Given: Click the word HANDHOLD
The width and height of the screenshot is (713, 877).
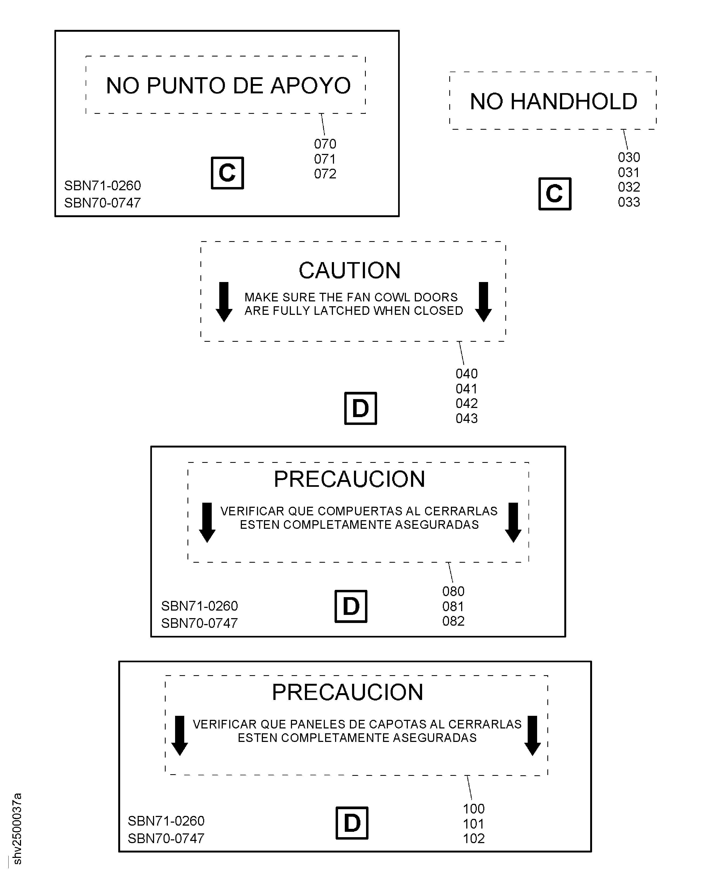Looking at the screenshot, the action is [x=573, y=101].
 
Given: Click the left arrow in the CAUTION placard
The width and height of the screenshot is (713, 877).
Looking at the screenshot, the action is [x=224, y=302].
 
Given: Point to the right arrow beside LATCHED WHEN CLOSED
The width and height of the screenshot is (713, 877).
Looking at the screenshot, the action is [x=484, y=302].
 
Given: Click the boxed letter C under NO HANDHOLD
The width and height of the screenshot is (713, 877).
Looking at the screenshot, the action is [x=555, y=194].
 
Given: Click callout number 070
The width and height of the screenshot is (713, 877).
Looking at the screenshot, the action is [x=325, y=144].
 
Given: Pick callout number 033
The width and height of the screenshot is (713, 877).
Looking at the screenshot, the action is [x=629, y=202].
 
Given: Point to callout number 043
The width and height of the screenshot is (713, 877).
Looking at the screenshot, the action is [x=467, y=418].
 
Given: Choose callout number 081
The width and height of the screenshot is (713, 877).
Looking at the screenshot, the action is [x=453, y=606].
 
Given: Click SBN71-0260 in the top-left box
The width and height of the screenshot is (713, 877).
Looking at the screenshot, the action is [x=103, y=185].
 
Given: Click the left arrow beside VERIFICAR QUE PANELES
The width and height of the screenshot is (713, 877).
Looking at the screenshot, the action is [x=179, y=736].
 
